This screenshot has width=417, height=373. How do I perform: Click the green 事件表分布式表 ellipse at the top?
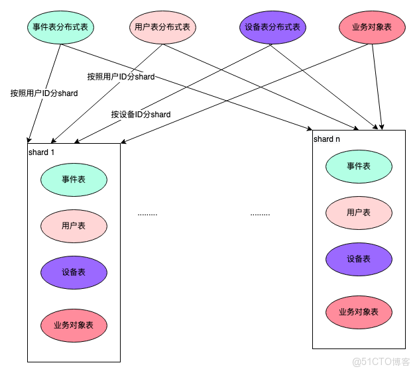tap(60, 27)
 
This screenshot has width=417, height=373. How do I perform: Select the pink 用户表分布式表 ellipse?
tap(162, 27)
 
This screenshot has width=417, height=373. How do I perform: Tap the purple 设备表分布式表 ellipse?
tap(272, 27)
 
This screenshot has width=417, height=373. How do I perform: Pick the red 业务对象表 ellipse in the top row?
tap(372, 27)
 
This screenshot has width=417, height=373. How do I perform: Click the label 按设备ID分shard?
tap(141, 115)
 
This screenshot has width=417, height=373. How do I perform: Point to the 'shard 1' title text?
tap(42, 152)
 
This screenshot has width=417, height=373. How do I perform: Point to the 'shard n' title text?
tap(327, 139)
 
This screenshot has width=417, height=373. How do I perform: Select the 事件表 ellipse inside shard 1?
tap(74, 180)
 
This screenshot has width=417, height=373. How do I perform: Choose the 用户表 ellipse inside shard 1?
tap(74, 226)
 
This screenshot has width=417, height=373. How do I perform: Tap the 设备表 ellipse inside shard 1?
tap(74, 272)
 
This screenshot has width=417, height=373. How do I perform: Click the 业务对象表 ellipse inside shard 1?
tap(74, 325)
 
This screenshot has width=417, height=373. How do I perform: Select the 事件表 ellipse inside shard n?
tap(359, 166)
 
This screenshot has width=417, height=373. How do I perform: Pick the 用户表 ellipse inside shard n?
tap(359, 213)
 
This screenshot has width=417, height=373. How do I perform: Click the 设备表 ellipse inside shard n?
tap(359, 259)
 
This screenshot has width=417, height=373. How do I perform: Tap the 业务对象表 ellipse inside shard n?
tap(359, 312)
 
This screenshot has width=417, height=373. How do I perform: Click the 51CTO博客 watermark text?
tap(381, 362)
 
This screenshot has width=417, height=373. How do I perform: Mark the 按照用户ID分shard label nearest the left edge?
tap(44, 93)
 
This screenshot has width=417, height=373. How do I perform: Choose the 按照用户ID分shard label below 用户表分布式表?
tap(121, 77)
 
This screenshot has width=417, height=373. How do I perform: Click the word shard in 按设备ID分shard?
tap(161, 115)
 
